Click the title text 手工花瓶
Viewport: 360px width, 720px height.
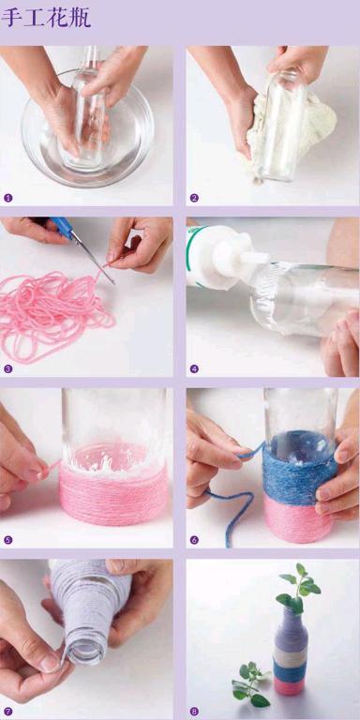tap(46, 18)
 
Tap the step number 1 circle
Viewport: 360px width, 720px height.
tap(7, 198)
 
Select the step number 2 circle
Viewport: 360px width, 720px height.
tap(194, 198)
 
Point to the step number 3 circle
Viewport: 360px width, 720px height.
tap(7, 368)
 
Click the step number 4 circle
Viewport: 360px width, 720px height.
tap(194, 368)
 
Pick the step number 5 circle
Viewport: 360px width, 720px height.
tap(7, 540)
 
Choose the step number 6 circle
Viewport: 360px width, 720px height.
tap(194, 540)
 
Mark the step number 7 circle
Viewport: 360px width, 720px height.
tap(7, 712)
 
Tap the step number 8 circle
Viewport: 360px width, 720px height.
tap(194, 712)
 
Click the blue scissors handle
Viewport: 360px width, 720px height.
tap(61, 227)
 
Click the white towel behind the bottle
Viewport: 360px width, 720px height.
tap(293, 127)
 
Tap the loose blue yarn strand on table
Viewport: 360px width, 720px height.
tap(234, 510)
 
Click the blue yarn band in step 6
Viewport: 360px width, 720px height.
tap(299, 469)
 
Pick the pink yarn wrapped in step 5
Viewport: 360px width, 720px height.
tap(113, 494)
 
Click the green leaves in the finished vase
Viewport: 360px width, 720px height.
tap(297, 588)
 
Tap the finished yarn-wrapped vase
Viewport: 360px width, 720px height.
tap(291, 652)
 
